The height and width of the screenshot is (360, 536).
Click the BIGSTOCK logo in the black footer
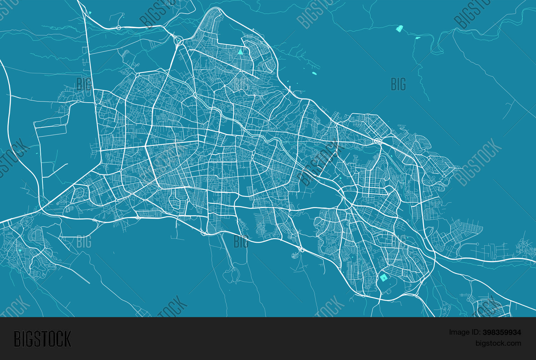(x=43, y=339)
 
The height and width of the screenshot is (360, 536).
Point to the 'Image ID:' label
(x=465, y=332)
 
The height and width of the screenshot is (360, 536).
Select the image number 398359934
(x=502, y=332)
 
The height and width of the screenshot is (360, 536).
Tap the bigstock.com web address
(x=498, y=344)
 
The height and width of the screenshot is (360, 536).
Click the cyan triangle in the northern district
(x=240, y=52)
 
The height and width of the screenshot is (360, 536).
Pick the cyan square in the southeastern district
(x=383, y=278)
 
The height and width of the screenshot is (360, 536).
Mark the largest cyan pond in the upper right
(x=399, y=29)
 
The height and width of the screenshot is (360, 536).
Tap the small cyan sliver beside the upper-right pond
(x=417, y=38)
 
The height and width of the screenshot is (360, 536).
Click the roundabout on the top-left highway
(x=119, y=28)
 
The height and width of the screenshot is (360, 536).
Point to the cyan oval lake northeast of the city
(x=314, y=73)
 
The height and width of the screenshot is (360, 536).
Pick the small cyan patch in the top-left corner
(x=90, y=13)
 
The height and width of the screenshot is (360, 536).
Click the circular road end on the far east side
(x=477, y=244)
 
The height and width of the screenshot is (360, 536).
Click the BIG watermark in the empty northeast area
(x=398, y=84)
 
